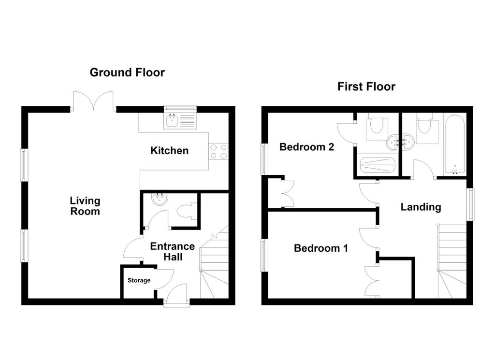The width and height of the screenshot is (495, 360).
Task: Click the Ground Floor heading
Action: (127, 72)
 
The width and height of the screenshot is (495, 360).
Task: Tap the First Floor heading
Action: (366, 86)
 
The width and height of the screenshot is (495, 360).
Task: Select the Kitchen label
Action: (170, 150)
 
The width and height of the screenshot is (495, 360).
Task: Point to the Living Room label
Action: (85, 206)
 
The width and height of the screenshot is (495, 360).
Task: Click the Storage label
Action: (139, 280)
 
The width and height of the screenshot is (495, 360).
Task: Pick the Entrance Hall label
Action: (173, 251)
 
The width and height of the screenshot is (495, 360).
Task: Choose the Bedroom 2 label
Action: (306, 147)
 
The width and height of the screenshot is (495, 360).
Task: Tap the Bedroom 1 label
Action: (321, 248)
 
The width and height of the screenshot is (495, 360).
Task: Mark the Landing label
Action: (421, 207)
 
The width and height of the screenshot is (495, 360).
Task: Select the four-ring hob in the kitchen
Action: (218, 151)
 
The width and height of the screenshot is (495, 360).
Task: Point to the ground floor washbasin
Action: (160, 199)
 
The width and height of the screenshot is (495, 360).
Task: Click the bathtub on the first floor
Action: (454, 144)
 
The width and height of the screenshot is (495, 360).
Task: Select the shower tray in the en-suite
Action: (378, 165)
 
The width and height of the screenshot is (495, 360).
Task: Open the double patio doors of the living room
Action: (93, 101)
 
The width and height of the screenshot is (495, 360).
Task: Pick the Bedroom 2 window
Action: (263, 159)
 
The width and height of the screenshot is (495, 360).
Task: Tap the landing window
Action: (471, 204)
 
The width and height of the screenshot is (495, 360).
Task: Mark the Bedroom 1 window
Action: (263, 255)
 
